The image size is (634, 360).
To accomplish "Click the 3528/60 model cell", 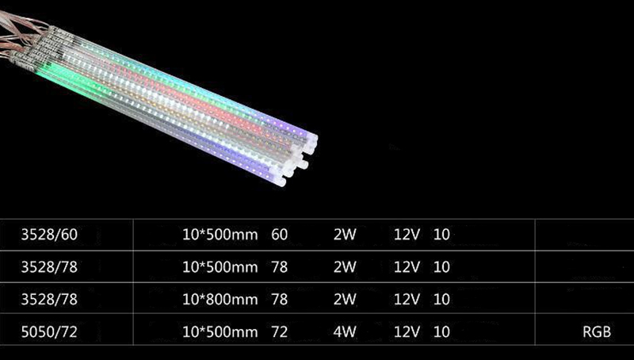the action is coord(49,235).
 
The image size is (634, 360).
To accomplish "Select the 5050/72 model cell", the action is coord(49,332).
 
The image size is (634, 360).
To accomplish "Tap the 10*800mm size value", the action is coord(220,299).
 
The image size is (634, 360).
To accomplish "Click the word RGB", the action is coord(597,332).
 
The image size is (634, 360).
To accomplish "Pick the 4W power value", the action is coord(345,332).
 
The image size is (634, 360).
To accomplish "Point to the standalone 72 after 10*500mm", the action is coord(280,332).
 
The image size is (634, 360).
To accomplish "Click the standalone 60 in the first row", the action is coord(280,235).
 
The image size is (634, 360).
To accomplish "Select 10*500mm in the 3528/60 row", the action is coord(220,235).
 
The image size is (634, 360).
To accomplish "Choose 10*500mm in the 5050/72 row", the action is coord(220,332).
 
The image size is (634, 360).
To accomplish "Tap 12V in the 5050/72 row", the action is coord(407,332).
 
